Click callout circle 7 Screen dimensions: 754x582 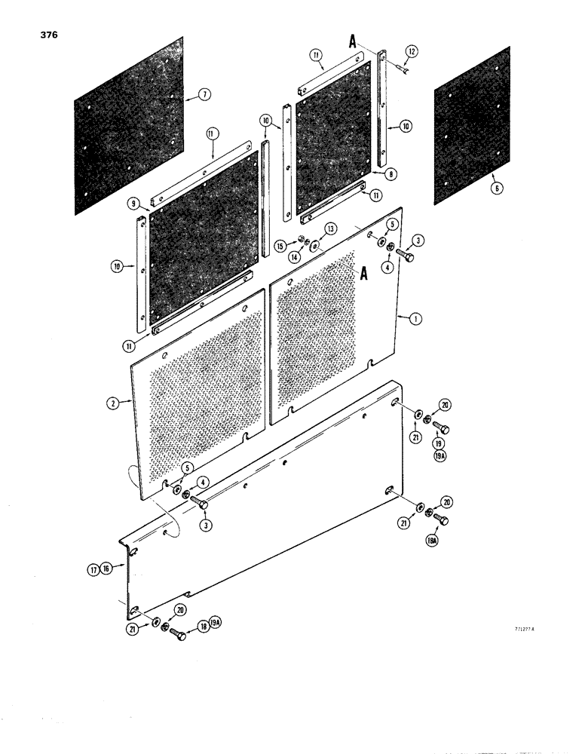(x=203, y=94)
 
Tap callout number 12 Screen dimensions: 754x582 (x=411, y=51)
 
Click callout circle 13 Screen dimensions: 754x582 (x=330, y=229)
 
